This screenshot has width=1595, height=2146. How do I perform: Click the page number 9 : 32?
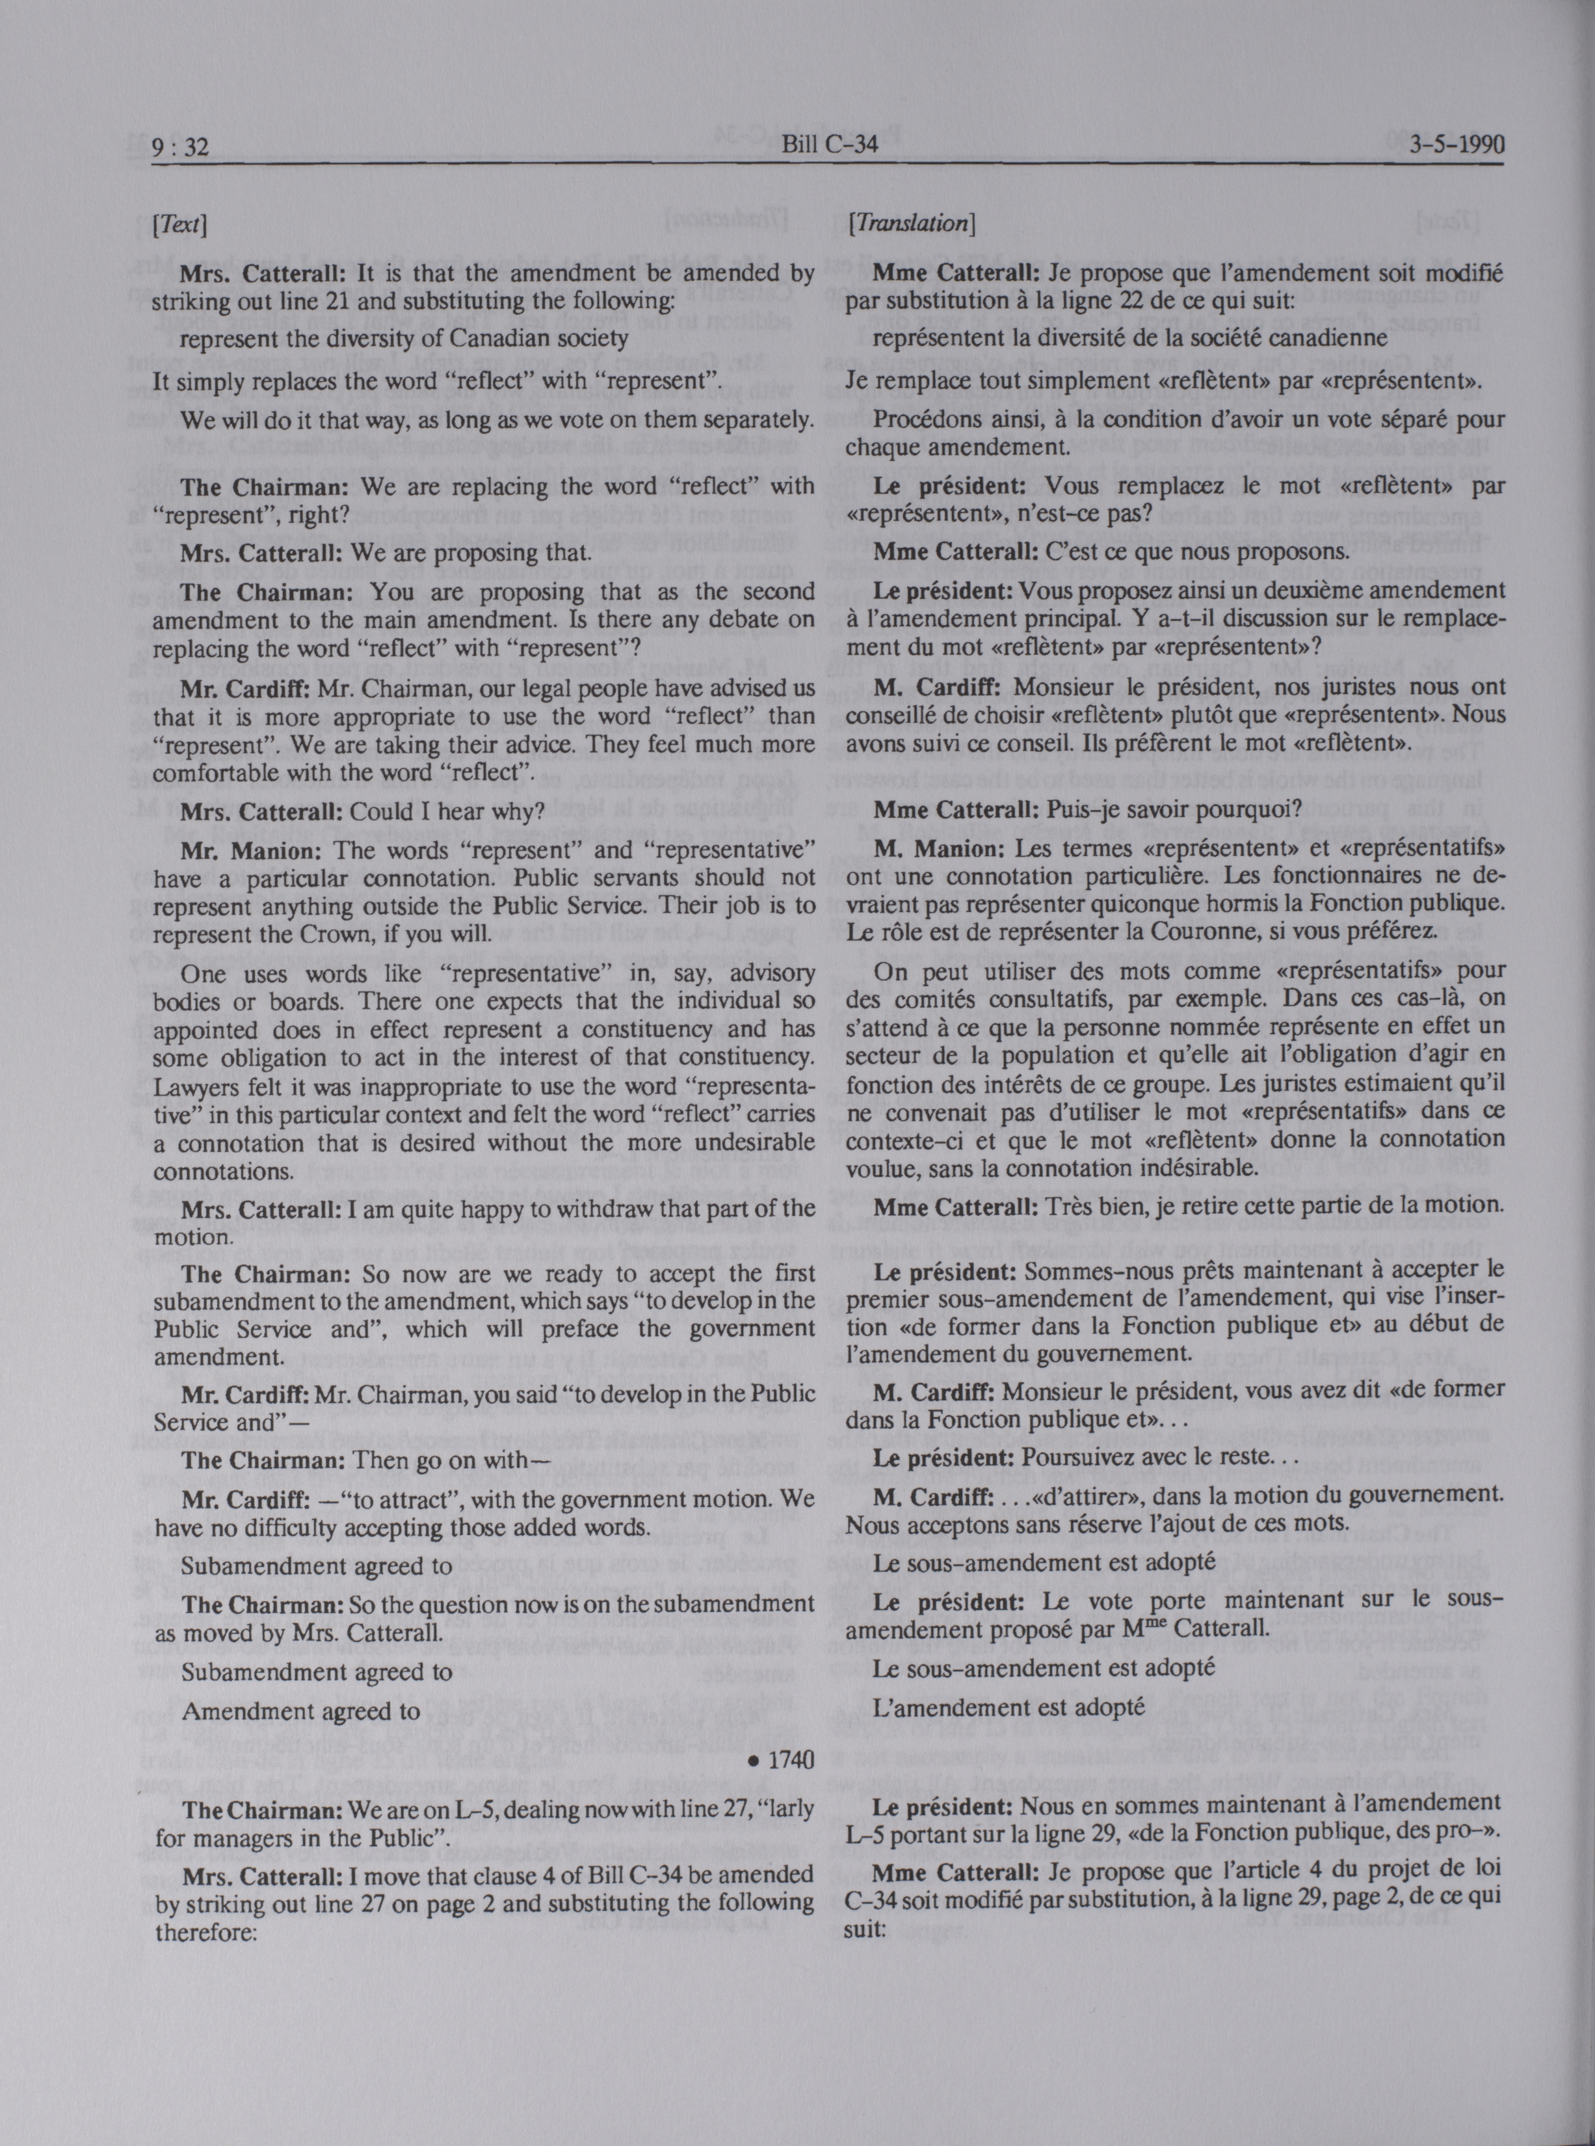tap(181, 147)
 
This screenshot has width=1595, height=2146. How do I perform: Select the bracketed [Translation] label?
tap(910, 224)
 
